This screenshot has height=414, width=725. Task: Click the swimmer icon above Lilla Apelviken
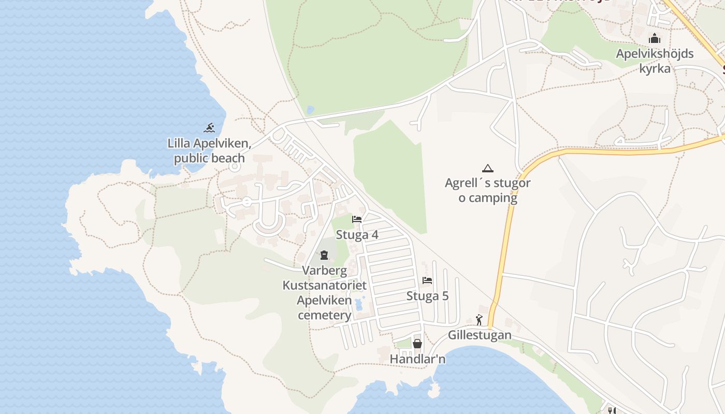209,128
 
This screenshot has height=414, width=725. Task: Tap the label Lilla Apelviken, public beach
209,151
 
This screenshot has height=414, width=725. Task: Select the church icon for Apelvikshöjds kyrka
655,39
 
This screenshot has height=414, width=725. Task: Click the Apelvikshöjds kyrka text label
655,61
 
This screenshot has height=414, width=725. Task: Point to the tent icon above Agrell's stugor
487,168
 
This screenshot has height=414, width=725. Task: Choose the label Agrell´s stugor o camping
487,190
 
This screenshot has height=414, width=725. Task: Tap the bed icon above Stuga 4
357,219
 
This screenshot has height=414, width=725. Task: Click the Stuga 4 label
357,235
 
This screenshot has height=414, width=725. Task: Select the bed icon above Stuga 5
427,280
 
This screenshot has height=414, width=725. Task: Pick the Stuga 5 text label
427,296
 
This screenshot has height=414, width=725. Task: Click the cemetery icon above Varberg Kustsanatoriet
324,255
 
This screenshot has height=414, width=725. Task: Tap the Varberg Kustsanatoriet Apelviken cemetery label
324,292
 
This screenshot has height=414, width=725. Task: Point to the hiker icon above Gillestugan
479,320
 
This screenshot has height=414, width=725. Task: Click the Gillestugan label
480,335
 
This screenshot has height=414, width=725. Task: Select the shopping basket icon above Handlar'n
417,344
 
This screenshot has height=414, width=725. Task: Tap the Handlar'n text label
417,359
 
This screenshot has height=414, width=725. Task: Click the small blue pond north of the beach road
310,110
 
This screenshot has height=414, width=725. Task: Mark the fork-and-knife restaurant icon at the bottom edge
612,410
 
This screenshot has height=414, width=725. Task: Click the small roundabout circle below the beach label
235,166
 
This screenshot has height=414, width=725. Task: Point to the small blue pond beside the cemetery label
359,304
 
